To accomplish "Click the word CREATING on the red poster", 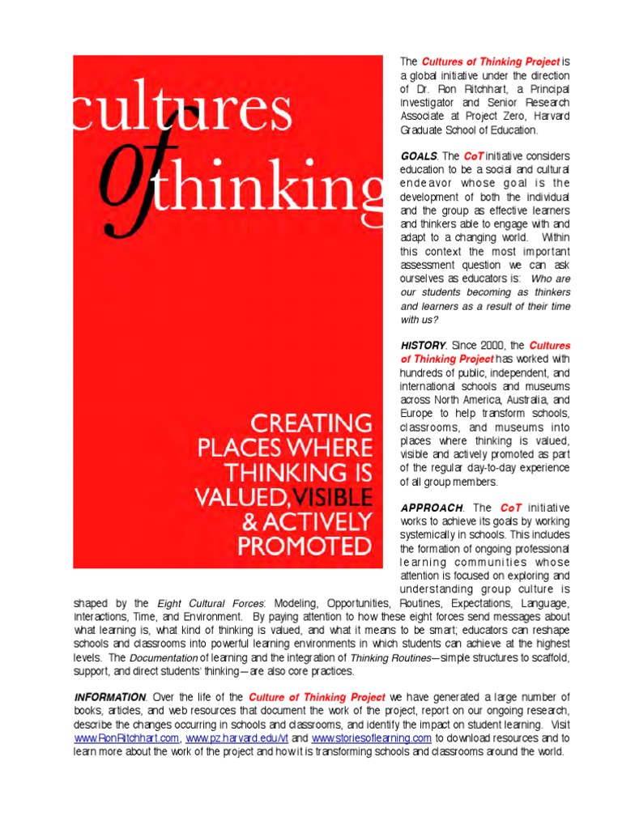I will click(312, 423).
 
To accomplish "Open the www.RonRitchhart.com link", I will click(126, 738).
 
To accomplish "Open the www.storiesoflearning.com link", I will click(371, 738).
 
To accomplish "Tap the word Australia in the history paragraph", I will click(526, 400).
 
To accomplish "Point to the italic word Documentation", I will click(164, 658).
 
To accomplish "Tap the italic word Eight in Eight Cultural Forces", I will click(169, 603).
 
